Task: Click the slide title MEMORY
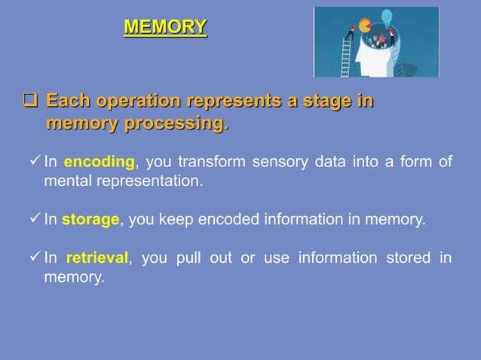pyautogui.click(x=165, y=28)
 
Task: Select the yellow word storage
pyautogui.click(x=90, y=220)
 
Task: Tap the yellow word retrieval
pyautogui.click(x=98, y=258)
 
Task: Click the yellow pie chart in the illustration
pyautogui.click(x=365, y=25)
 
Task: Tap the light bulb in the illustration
pyautogui.click(x=388, y=17)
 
